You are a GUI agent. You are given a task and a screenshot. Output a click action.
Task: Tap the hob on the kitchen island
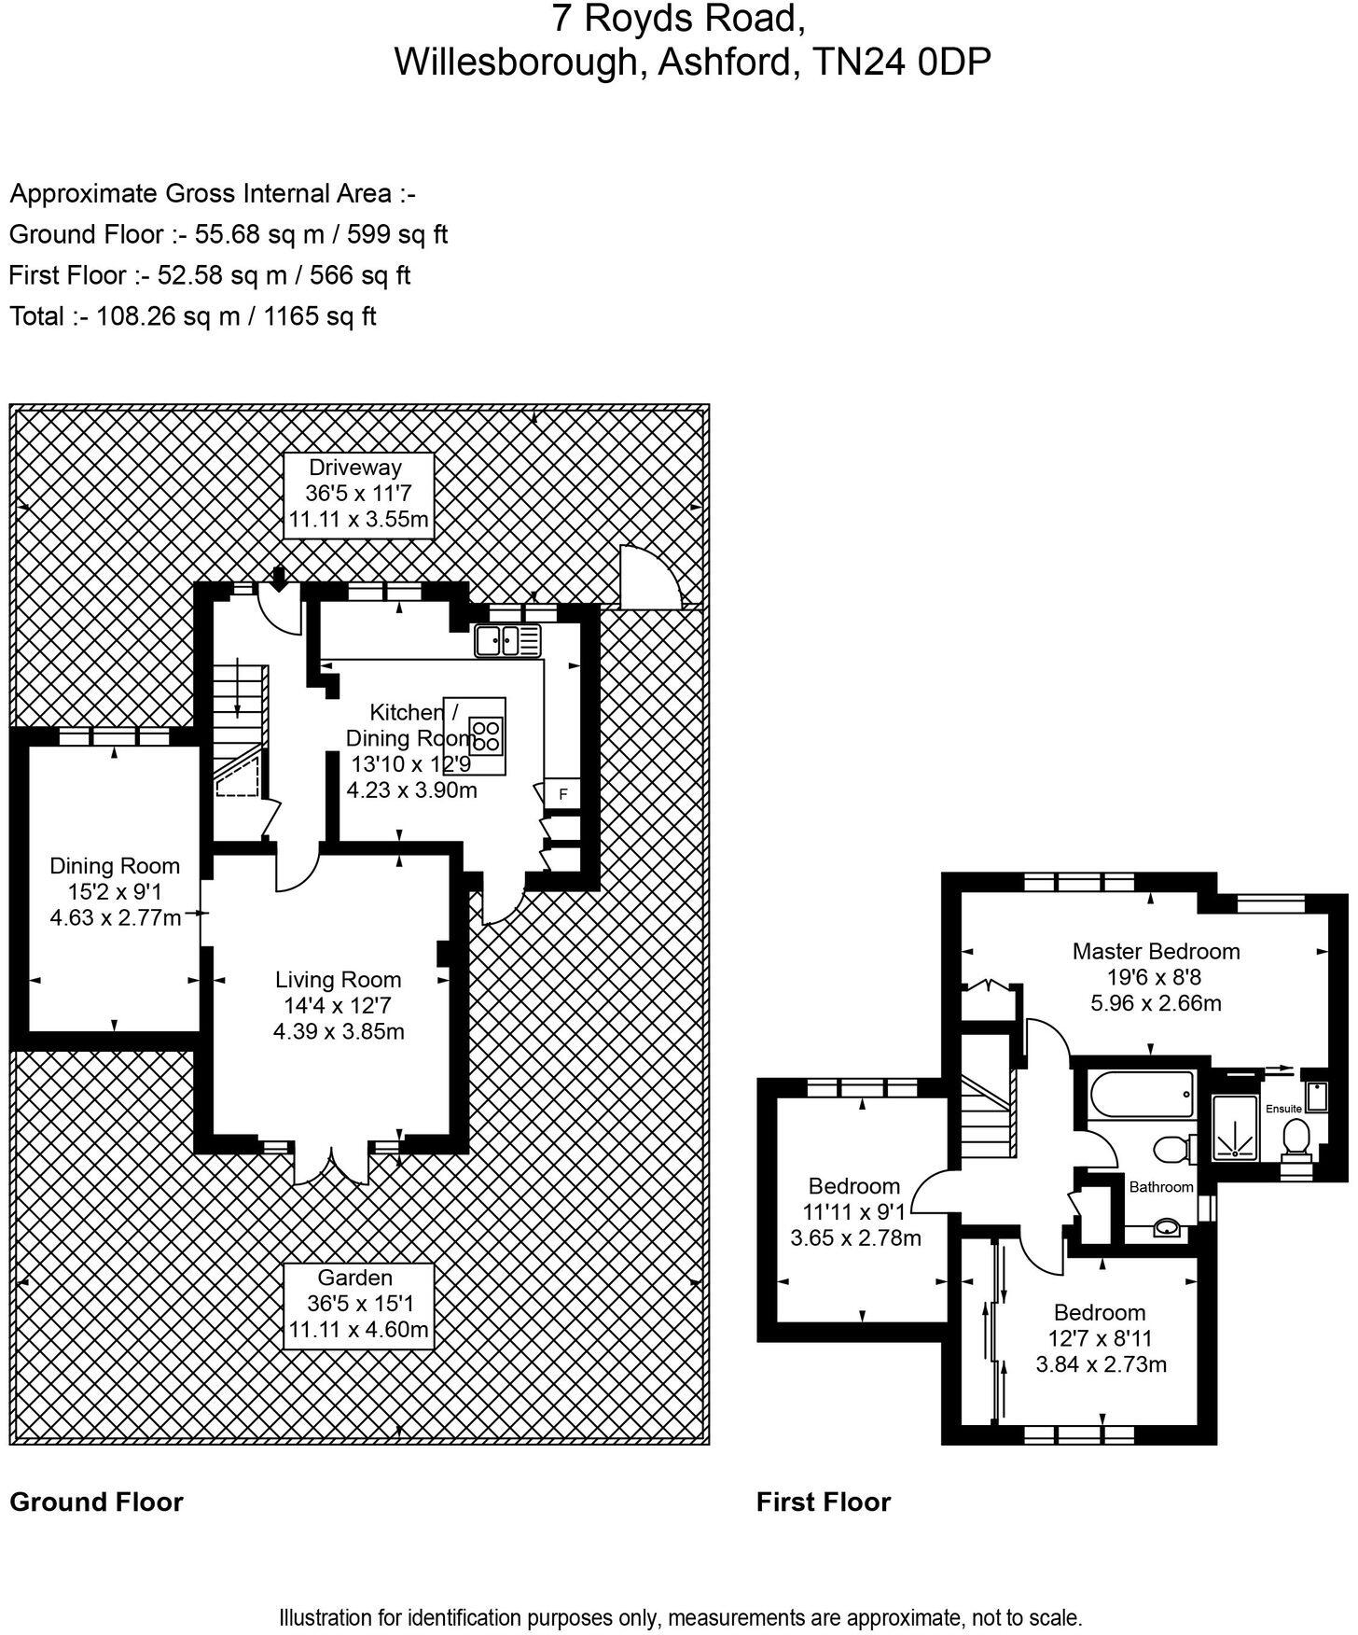486,735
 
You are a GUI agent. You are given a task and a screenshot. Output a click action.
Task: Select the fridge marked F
562,794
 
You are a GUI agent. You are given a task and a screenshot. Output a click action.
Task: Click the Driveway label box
358,494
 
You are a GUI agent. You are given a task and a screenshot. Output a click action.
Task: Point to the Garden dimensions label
358,1304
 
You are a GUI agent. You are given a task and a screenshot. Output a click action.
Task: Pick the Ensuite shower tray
1235,1127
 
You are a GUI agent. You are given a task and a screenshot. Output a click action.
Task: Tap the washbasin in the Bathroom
1166,1227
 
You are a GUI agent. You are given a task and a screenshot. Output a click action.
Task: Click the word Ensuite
1283,1109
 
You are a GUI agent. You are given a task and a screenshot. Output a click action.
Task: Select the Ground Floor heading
96,1502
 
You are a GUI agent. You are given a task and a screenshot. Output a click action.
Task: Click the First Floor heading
824,1502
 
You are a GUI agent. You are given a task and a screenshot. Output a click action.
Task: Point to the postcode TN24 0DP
902,62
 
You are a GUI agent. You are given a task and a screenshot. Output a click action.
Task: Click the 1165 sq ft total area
320,316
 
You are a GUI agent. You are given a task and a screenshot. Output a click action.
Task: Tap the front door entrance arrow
279,578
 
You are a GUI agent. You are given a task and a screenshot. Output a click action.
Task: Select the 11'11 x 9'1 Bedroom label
855,1212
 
